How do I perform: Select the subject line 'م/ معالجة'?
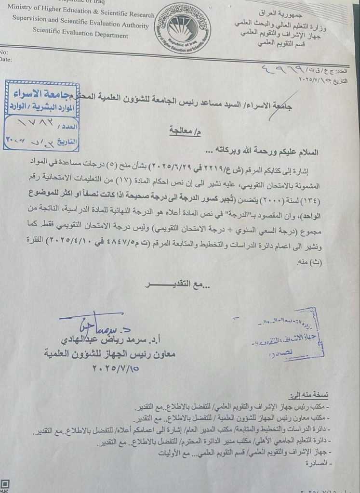pyautogui.click(x=182, y=130)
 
